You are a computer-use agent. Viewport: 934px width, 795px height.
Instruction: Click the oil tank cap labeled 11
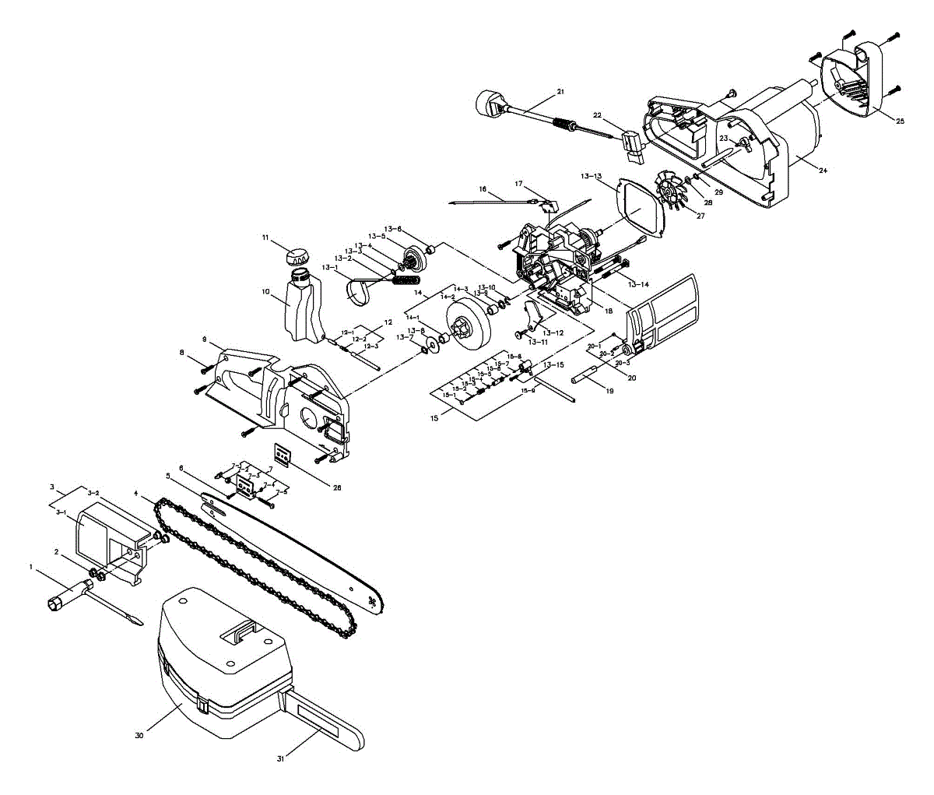296,255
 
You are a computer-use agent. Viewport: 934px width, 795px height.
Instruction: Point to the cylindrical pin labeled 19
588,381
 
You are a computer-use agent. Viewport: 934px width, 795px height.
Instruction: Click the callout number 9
204,339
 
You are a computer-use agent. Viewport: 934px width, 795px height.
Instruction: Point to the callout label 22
598,115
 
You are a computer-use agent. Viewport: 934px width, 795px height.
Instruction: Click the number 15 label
435,418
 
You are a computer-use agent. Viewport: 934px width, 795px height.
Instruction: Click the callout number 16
483,189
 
